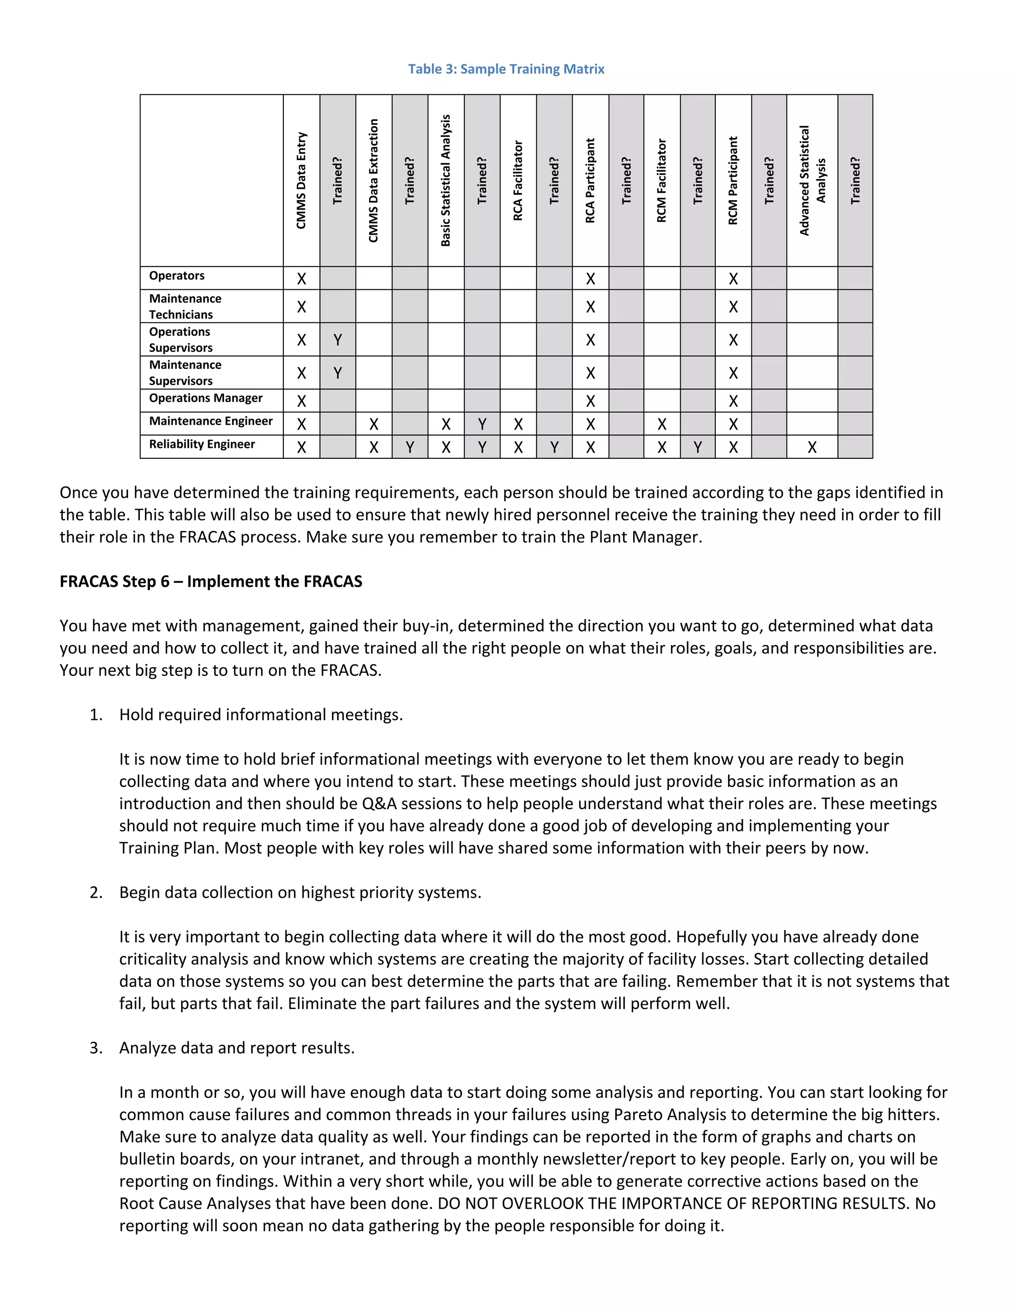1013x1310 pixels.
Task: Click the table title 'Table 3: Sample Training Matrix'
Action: pyautogui.click(x=506, y=69)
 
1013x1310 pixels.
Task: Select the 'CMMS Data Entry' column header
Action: pyautogui.click(x=301, y=180)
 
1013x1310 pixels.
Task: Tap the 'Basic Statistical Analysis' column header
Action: pyautogui.click(x=445, y=180)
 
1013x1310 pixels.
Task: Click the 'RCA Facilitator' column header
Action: pyautogui.click(x=518, y=180)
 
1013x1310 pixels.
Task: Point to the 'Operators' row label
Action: pyautogui.click(x=177, y=276)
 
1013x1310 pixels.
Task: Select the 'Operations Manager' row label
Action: pyautogui.click(x=205, y=398)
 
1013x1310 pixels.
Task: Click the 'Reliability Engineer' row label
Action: pyautogui.click(x=202, y=444)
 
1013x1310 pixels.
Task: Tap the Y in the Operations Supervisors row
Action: pyautogui.click(x=338, y=340)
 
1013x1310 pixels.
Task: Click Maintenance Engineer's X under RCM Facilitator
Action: pyautogui.click(x=662, y=425)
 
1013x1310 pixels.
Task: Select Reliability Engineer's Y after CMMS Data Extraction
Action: pyautogui.click(x=410, y=447)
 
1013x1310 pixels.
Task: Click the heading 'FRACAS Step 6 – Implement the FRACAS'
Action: pyautogui.click(x=211, y=582)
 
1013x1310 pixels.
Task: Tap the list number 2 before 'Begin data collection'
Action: pyautogui.click(x=95, y=892)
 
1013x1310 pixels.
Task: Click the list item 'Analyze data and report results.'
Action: pyautogui.click(x=237, y=1048)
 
